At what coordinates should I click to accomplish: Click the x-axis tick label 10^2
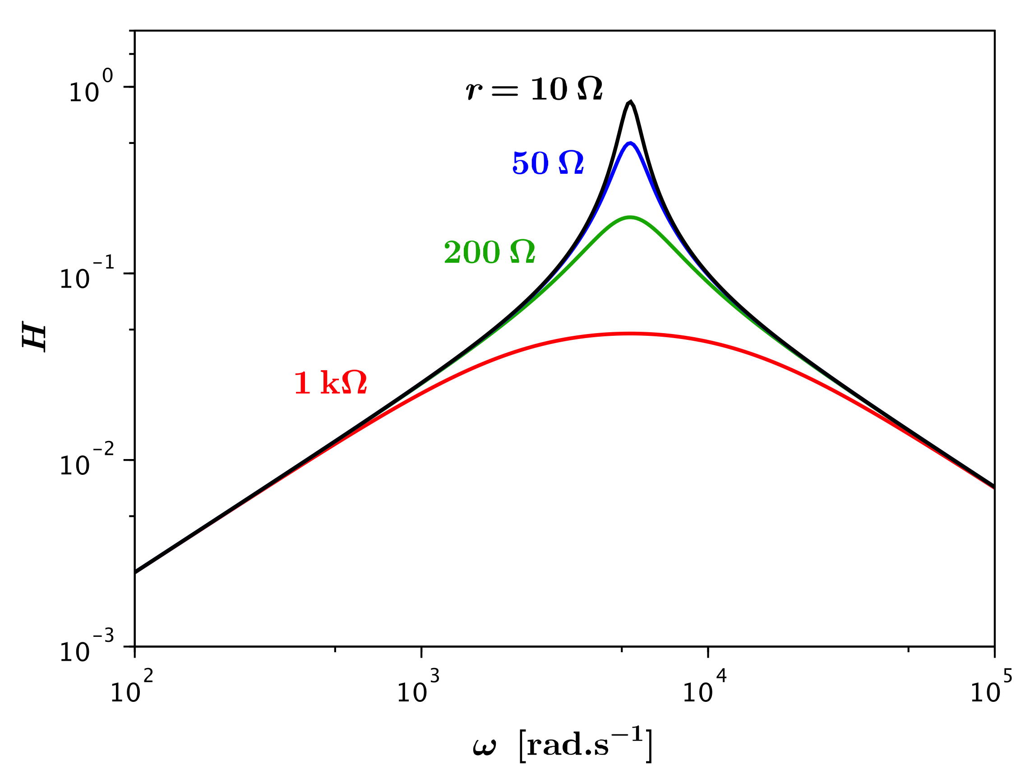coord(131,690)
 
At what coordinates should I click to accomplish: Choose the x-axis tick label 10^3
coord(418,690)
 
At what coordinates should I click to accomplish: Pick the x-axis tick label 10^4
coord(704,690)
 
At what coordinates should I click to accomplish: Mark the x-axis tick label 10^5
coord(991,690)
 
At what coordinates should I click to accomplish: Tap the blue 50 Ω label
coord(548,163)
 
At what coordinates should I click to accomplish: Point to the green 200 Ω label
coord(490,252)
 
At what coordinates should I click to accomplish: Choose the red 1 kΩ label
coord(331,383)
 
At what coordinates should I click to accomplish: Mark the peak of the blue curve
coord(630,143)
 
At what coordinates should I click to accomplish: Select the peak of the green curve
coord(630,217)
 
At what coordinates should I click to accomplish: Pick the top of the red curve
coord(630,334)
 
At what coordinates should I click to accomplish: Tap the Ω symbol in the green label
coord(522,252)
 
